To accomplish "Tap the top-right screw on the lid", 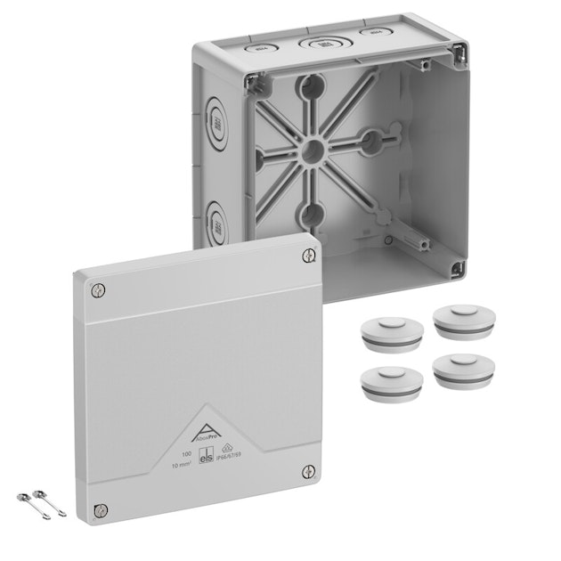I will (x=309, y=256).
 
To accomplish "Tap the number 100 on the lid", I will (x=185, y=455).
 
